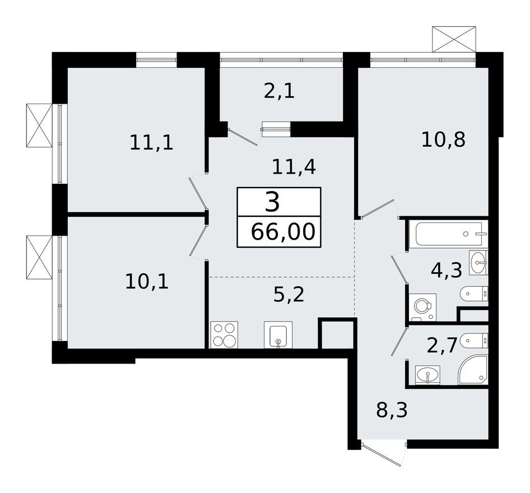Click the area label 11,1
click(x=151, y=142)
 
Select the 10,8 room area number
click(x=443, y=139)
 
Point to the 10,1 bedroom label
click(x=147, y=281)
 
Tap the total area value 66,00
click(x=282, y=231)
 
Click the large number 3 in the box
click(x=272, y=202)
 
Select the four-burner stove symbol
click(x=224, y=334)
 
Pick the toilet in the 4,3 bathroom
click(x=474, y=293)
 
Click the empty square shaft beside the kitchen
click(x=337, y=334)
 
